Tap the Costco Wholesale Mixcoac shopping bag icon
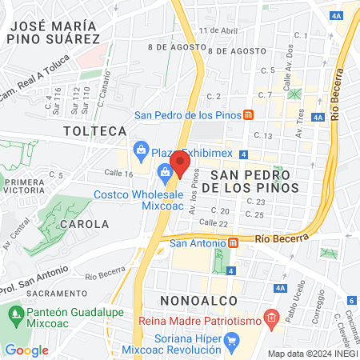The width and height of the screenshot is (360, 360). point(164,170)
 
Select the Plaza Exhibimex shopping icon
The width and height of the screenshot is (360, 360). point(142,148)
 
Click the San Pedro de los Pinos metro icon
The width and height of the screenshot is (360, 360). point(249,115)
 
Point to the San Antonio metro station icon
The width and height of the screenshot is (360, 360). point(233,242)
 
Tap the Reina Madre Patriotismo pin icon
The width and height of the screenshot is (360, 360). point(272,318)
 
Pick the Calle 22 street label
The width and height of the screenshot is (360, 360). point(214,223)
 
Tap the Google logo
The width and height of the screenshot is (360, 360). point(26,350)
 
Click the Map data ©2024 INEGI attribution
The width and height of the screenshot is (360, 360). point(311,354)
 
